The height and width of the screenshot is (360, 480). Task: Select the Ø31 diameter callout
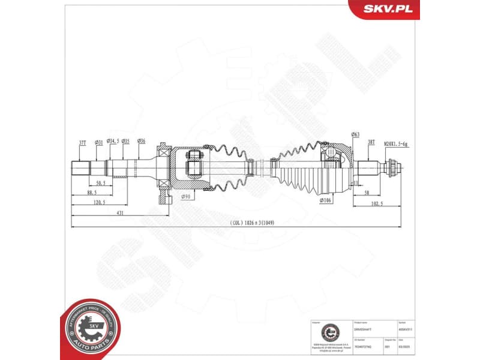[x=99, y=142]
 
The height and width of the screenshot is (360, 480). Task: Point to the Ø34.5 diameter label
[x=112, y=142]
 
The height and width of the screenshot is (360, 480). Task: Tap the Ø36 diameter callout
[x=141, y=142]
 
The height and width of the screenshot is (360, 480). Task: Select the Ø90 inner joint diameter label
[x=187, y=197]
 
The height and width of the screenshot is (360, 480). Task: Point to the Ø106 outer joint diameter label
[x=326, y=200]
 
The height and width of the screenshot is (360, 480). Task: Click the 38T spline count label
[x=371, y=142]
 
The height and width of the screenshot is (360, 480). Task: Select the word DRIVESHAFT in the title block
[x=365, y=331]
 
